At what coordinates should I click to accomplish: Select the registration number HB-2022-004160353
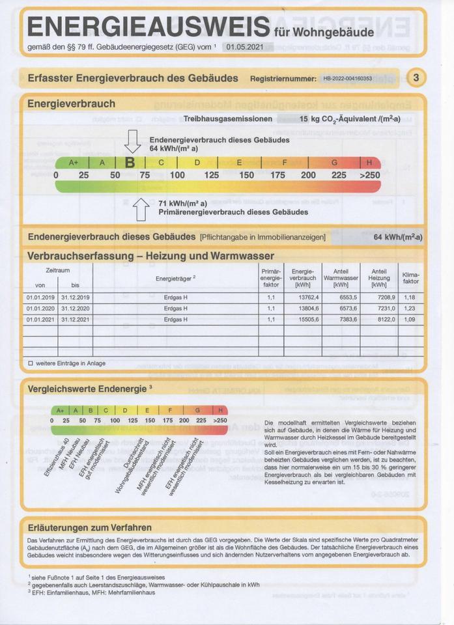click(347, 79)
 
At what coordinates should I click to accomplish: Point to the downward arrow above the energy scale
click(133, 141)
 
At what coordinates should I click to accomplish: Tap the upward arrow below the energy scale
click(141, 208)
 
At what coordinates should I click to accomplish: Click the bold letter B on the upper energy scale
click(130, 163)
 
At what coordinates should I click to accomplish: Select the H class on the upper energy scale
click(369, 163)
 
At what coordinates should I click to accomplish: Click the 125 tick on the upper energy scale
click(211, 175)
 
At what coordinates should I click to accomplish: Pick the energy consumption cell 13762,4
click(304, 298)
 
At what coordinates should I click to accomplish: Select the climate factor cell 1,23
click(410, 309)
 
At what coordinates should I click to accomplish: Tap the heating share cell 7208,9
click(378, 298)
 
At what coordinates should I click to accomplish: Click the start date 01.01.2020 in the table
click(40, 309)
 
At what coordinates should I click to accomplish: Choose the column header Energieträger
click(175, 278)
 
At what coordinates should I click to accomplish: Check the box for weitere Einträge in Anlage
click(30, 363)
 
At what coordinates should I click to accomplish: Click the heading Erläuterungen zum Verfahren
click(90, 527)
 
